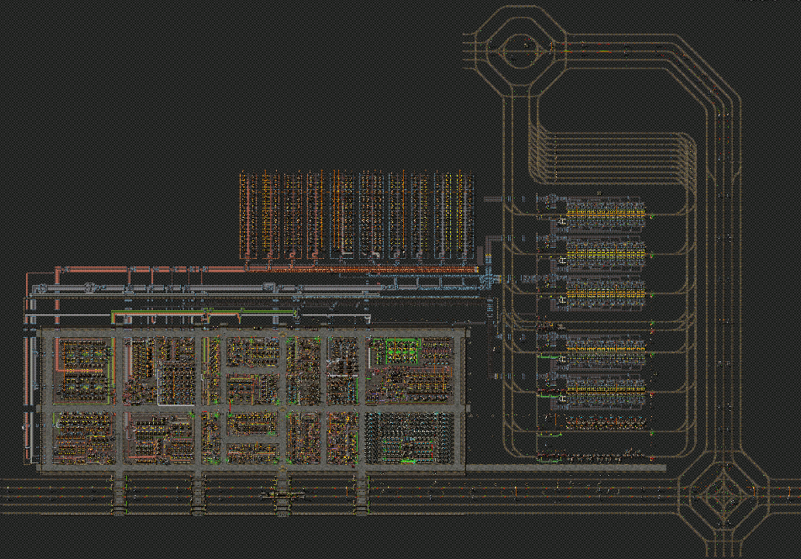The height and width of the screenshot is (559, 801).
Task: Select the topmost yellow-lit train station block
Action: (x=604, y=215)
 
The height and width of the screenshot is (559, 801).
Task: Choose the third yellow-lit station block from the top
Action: (x=604, y=290)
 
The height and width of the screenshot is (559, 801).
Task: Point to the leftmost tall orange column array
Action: (x=247, y=214)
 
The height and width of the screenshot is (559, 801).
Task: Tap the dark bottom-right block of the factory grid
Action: (x=411, y=436)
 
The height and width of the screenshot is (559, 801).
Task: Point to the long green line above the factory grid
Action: (x=202, y=312)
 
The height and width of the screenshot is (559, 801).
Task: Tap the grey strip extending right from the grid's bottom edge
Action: (x=564, y=467)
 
